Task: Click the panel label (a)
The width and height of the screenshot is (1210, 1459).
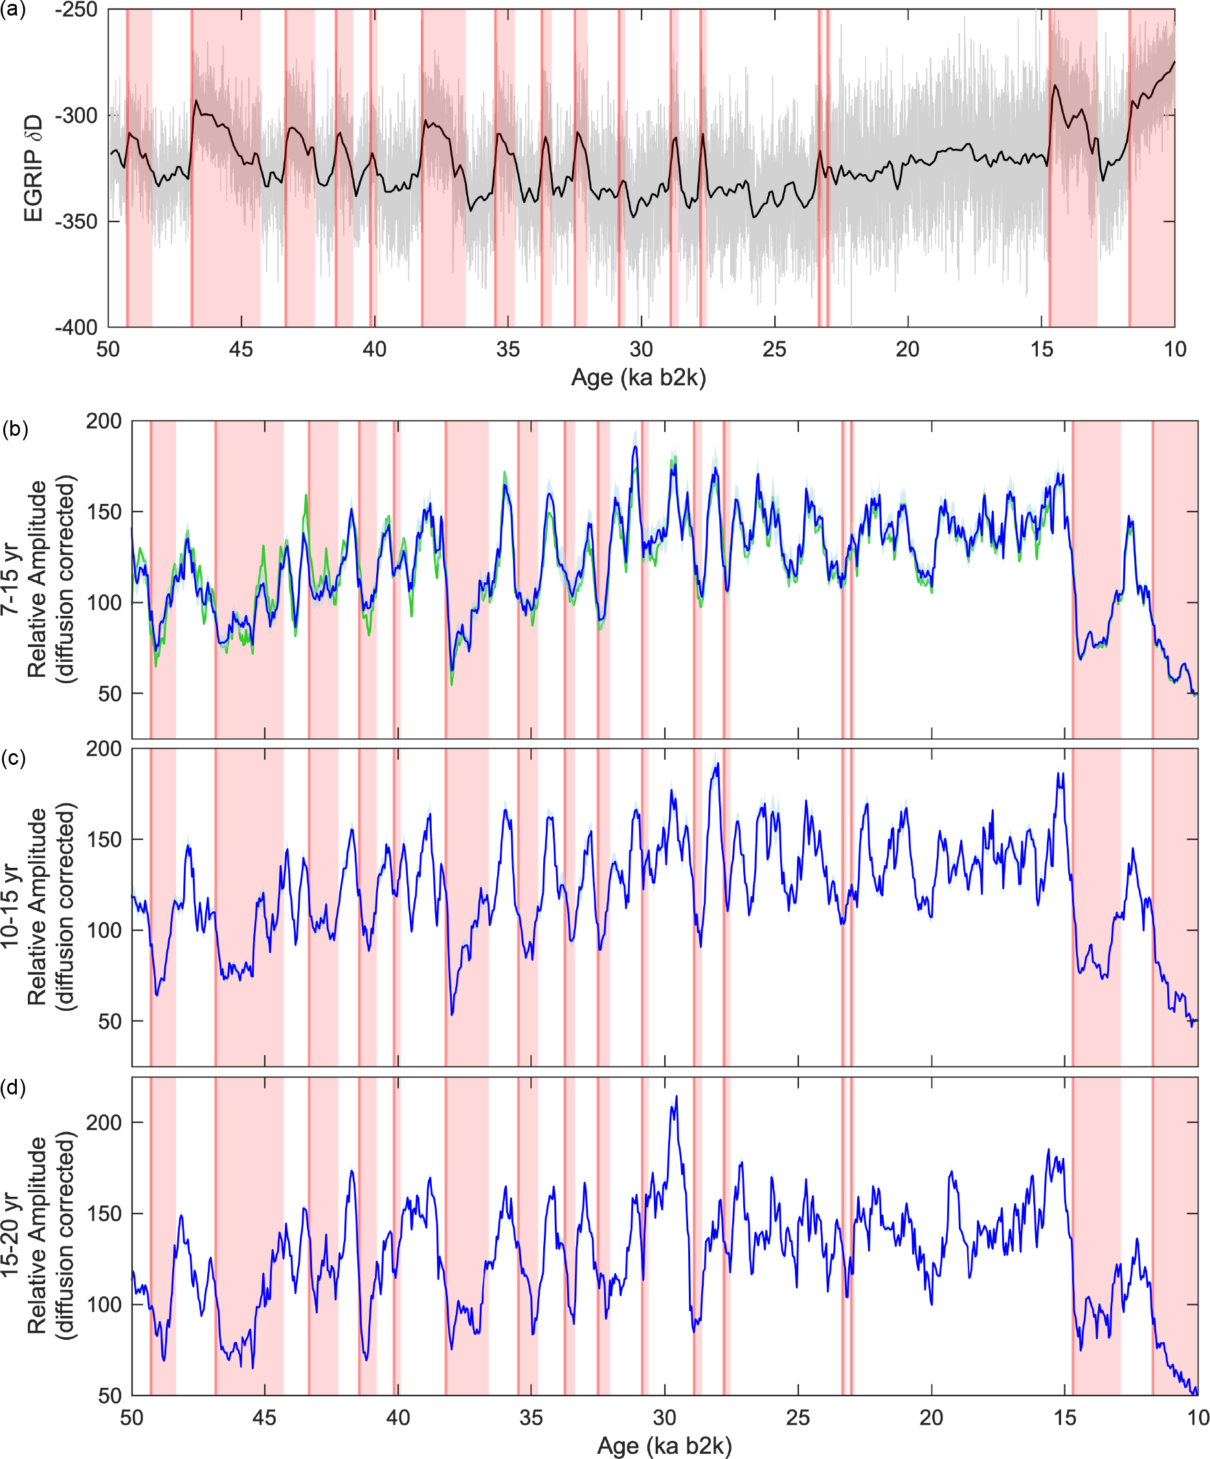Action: pos(12,10)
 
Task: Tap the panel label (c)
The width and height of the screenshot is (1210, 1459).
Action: pos(13,757)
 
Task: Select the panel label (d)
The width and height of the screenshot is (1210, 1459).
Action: pos(13,1087)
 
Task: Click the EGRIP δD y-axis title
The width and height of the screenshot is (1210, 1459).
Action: pos(32,168)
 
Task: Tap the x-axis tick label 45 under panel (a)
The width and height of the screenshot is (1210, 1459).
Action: pos(241,349)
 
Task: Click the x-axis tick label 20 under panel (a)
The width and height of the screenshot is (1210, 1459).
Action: pos(908,349)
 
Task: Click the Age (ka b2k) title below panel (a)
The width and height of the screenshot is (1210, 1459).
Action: pos(638,378)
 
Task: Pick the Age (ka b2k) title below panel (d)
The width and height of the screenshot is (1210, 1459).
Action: pos(664,1446)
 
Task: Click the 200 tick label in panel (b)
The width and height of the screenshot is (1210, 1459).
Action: pos(104,421)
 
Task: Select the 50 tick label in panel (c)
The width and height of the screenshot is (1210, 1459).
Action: pos(110,1021)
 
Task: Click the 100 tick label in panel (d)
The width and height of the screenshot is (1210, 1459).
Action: pos(104,1304)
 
